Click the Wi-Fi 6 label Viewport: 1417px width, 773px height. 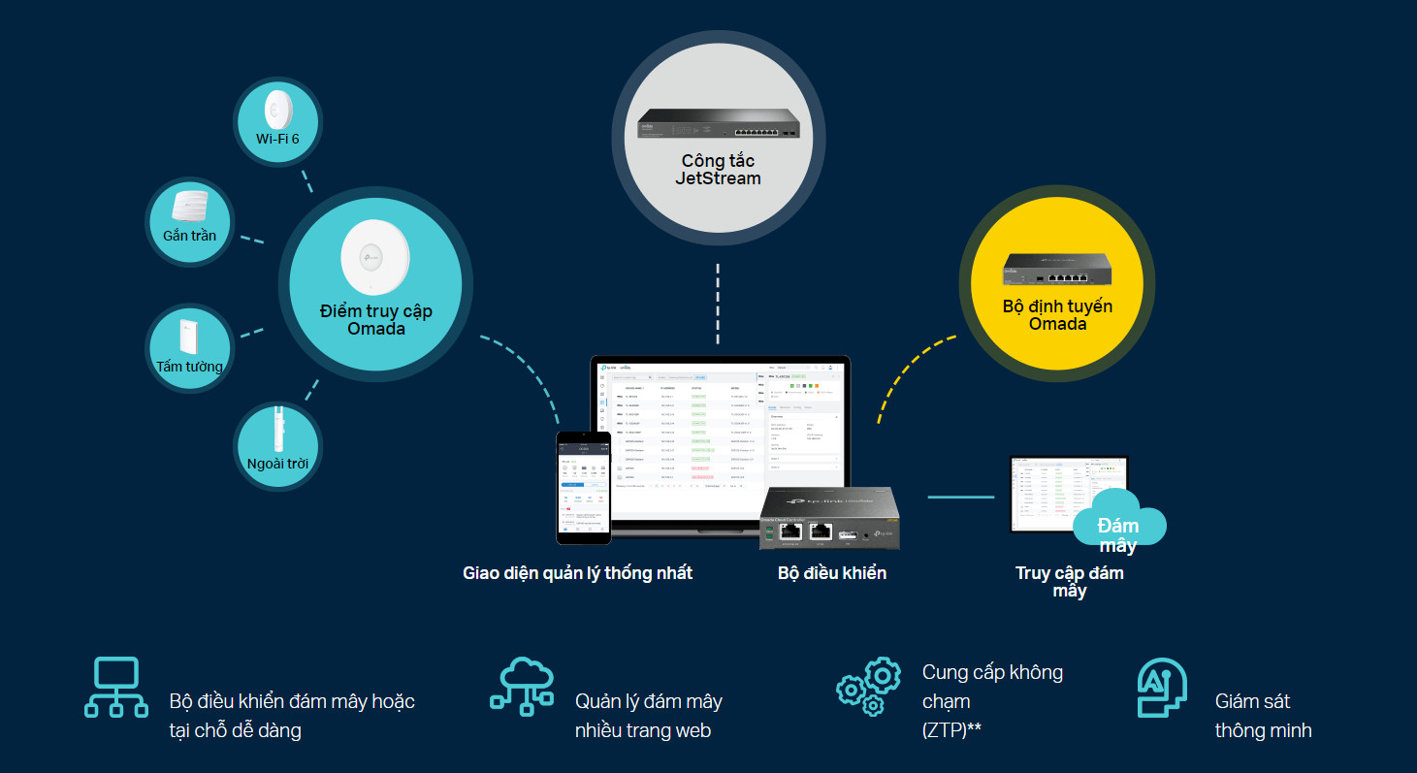click(x=277, y=139)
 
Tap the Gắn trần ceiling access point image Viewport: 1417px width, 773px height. click(x=190, y=207)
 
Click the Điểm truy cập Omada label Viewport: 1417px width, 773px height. click(x=376, y=320)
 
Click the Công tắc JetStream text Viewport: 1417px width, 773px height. click(x=718, y=170)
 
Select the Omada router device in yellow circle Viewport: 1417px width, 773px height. click(x=1057, y=268)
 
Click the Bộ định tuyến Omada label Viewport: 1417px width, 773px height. click(x=1057, y=315)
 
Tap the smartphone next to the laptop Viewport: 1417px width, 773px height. click(x=583, y=486)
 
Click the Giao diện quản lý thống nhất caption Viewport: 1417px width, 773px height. click(x=577, y=573)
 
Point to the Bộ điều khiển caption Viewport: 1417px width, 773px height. click(x=832, y=573)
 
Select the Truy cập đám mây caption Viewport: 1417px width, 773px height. click(x=1070, y=582)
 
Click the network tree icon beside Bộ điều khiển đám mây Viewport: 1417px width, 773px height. click(x=115, y=687)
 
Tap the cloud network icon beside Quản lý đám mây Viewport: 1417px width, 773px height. click(x=522, y=687)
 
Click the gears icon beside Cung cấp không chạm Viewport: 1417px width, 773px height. click(x=869, y=687)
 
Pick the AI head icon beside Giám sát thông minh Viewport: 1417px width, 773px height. click(x=1162, y=687)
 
